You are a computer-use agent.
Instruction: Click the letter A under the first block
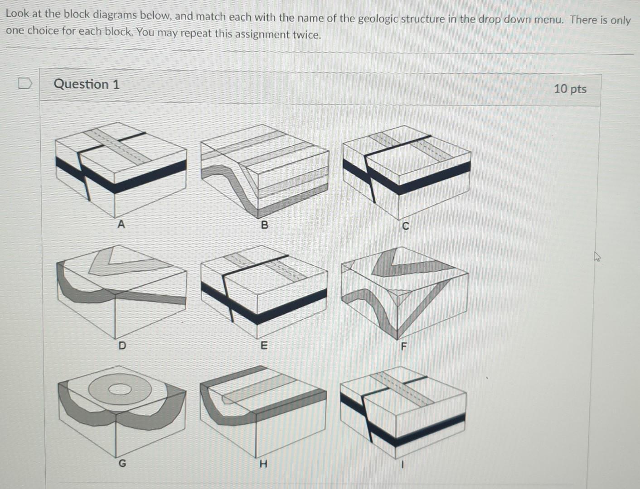coord(121,224)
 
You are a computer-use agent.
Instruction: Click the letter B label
coord(265,225)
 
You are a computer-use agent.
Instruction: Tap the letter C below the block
coord(405,226)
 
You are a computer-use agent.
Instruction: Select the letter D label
coord(122,346)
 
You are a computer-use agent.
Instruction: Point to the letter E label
coord(264,346)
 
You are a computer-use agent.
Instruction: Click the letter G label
coord(122,463)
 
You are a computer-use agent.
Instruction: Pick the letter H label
coord(263,464)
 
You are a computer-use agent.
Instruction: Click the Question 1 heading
coord(87,84)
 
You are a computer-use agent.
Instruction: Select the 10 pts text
coord(570,89)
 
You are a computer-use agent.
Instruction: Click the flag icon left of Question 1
coord(25,83)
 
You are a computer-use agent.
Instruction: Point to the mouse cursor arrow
coord(598,257)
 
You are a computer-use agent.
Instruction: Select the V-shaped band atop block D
coord(113,263)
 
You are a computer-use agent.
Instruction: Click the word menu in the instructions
coord(549,20)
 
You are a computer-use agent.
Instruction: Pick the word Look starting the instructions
coord(17,14)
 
